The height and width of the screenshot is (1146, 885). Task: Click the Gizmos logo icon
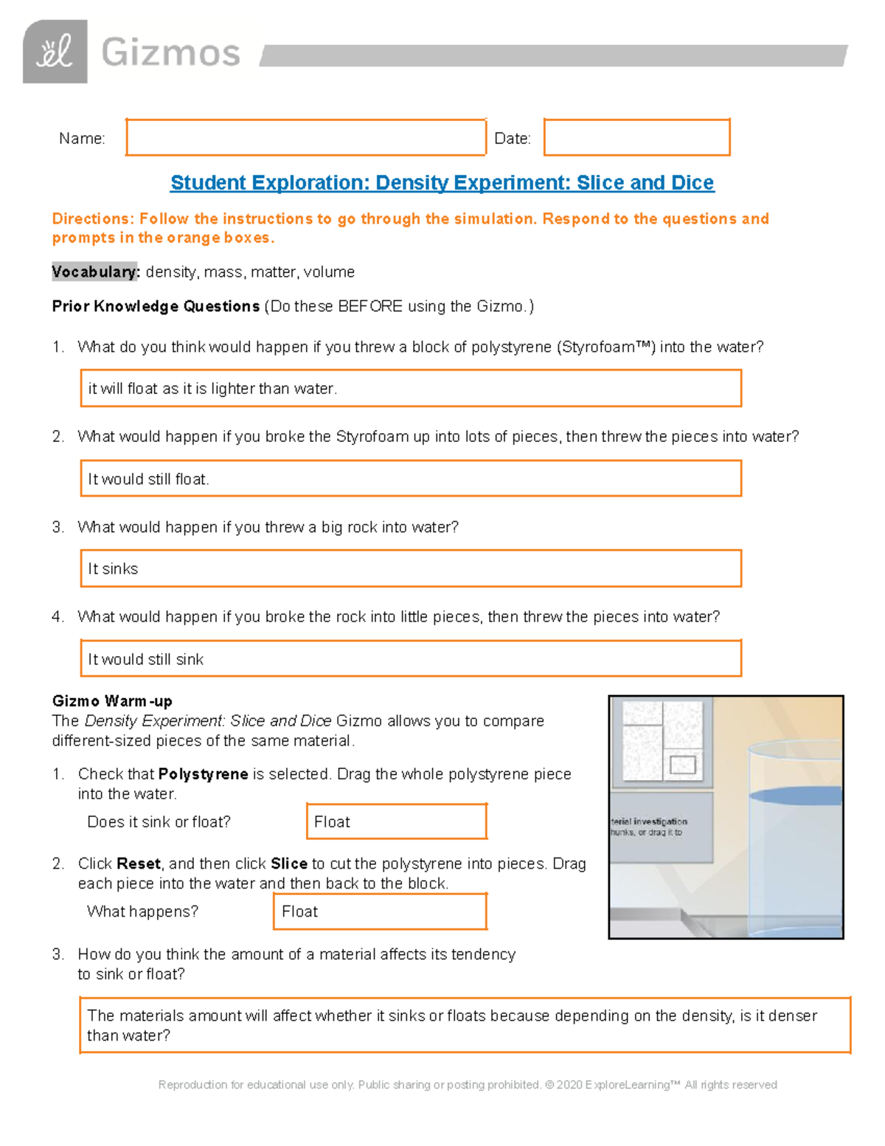[55, 52]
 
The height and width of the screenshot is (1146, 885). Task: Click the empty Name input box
[305, 137]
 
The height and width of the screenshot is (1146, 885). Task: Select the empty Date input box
[636, 137]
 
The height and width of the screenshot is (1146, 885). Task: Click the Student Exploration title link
[442, 182]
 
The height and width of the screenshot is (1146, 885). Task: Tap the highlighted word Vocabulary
[95, 272]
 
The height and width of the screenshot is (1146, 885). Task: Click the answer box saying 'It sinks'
[410, 568]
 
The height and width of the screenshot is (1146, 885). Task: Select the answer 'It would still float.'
[410, 479]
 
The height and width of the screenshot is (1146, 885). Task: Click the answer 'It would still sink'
[410, 658]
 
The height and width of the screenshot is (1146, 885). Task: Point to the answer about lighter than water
[410, 388]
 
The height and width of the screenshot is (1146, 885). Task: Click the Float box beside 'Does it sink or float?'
[396, 821]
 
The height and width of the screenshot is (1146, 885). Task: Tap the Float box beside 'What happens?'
[379, 911]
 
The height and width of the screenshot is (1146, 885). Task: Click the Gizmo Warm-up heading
[112, 701]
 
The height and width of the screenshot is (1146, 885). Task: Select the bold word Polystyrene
[203, 774]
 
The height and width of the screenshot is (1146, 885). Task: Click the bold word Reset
[139, 863]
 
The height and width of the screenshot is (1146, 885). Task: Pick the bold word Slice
[288, 863]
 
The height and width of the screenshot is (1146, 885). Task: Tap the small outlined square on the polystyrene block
[682, 765]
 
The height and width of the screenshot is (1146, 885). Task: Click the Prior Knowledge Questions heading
[156, 306]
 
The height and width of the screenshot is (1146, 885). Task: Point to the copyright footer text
[468, 1085]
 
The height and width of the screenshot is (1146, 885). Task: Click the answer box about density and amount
[465, 1025]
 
